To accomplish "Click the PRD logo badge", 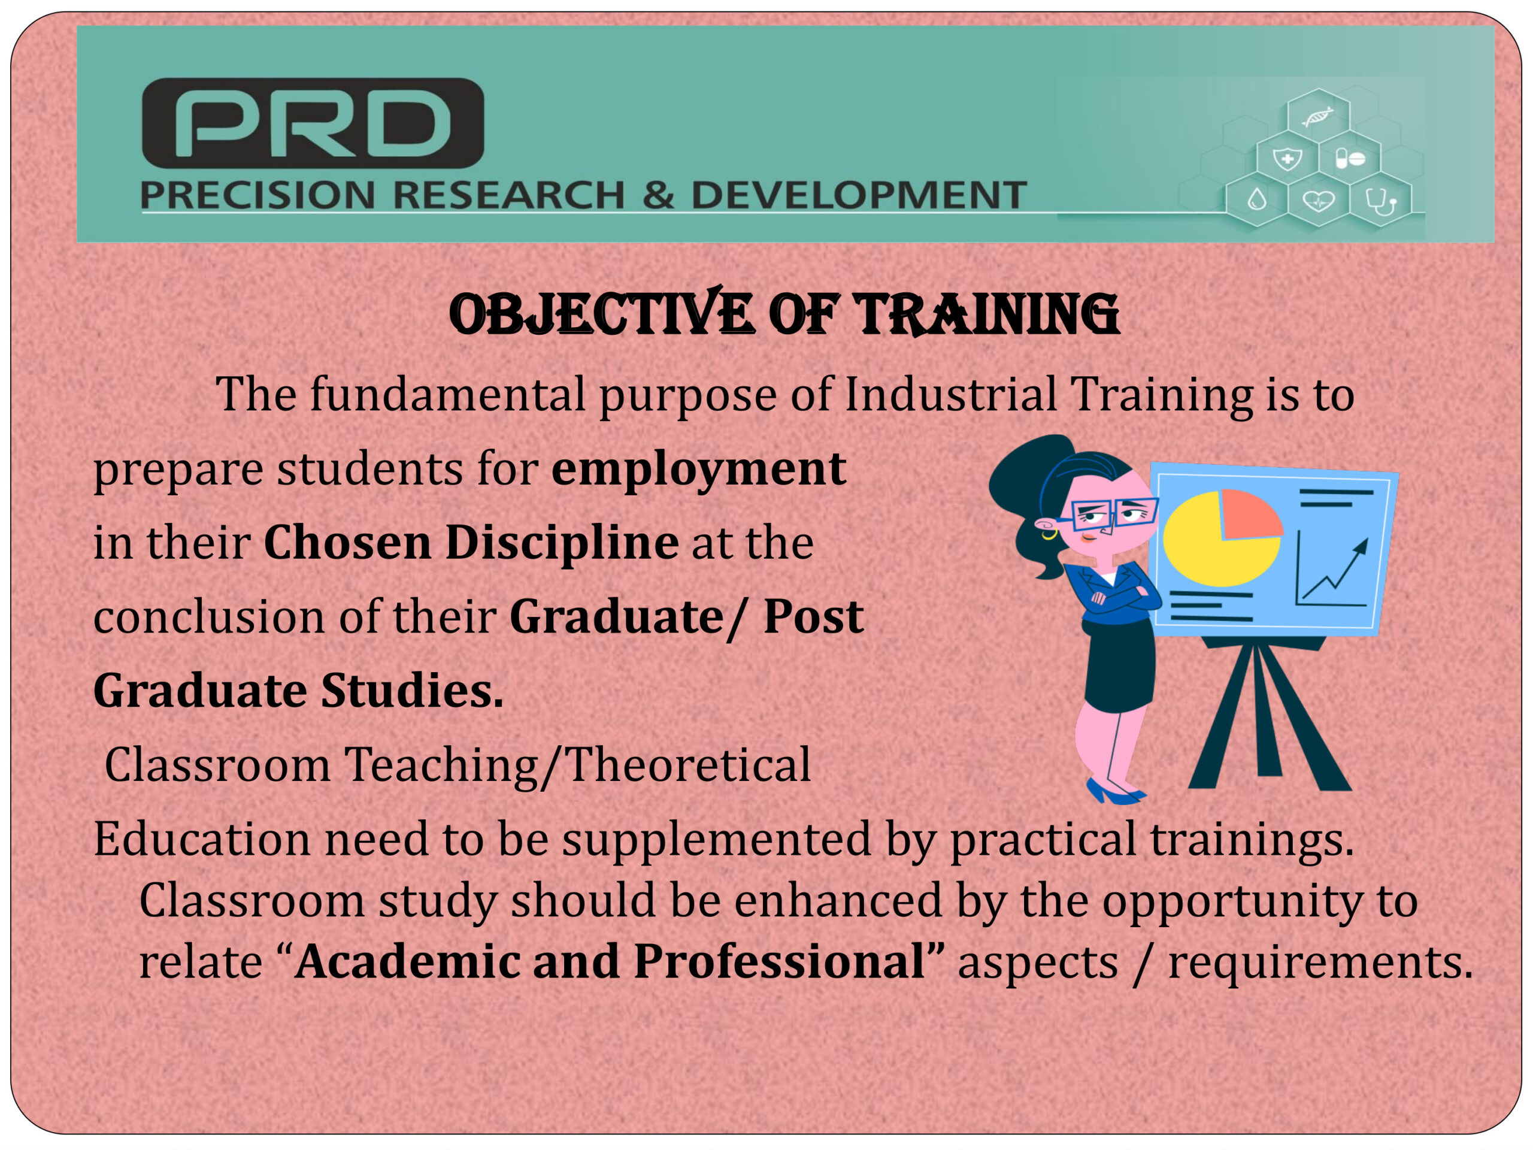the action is tap(313, 123).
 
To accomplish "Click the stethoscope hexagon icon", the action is tap(1380, 201).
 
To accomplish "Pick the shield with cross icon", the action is tap(1287, 159).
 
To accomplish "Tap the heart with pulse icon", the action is tap(1318, 201).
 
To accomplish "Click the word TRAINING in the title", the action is tap(986, 316).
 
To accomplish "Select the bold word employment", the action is tap(699, 470).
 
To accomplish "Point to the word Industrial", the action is tap(950, 395).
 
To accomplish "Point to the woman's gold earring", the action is tap(1049, 534).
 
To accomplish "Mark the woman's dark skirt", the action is tap(1119, 666).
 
